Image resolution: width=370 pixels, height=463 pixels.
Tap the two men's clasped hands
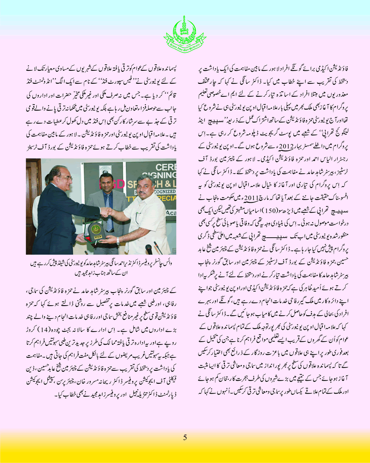(x=107, y=212)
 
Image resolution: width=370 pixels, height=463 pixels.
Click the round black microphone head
(x=148, y=250)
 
